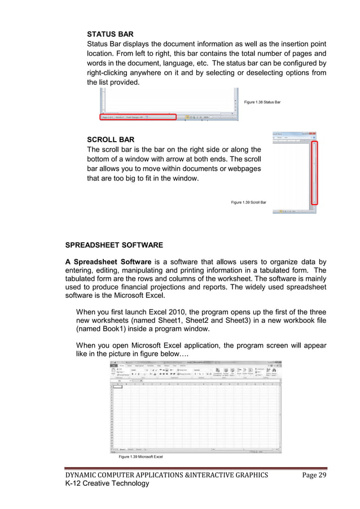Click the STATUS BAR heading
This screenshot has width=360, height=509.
(x=110, y=34)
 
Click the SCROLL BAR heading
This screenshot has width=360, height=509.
(x=111, y=139)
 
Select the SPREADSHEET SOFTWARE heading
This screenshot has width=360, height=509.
(x=114, y=245)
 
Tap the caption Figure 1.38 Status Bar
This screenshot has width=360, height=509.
(x=262, y=102)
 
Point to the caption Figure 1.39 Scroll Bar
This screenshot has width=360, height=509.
(x=249, y=202)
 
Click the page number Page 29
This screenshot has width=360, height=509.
(x=314, y=475)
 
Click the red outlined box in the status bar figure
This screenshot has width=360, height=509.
(x=138, y=117)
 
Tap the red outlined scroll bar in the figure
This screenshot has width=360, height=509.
(x=315, y=173)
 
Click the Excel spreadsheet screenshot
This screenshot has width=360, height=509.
(x=195, y=406)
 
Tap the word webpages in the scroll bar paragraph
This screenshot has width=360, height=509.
(x=238, y=169)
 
